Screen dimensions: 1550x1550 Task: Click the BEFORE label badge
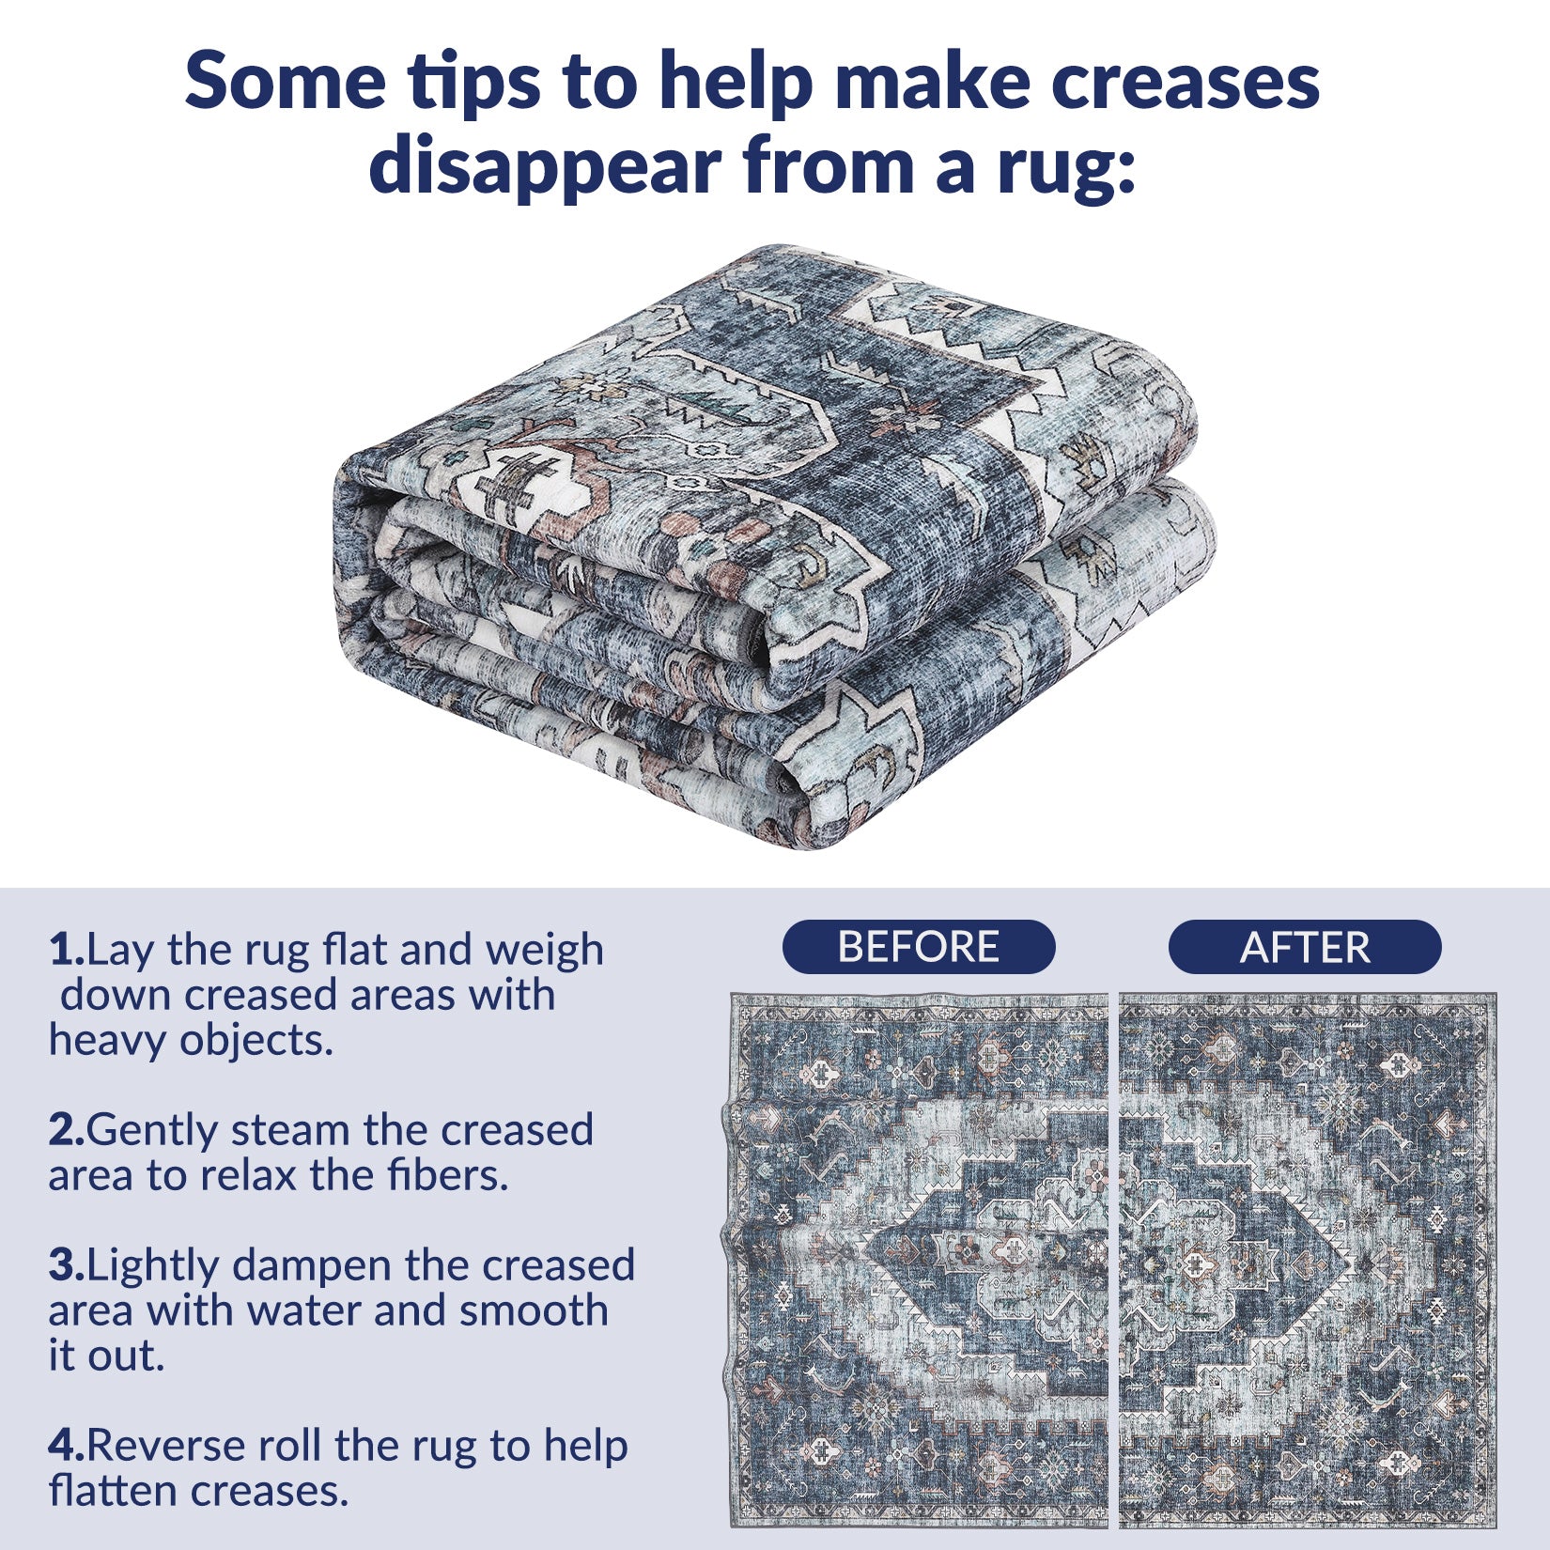pyautogui.click(x=919, y=947)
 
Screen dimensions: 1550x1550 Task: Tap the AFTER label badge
pyautogui.click(x=1305, y=947)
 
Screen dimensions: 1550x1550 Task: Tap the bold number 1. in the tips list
pyautogui.click(x=67, y=951)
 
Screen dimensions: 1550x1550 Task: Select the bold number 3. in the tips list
pyautogui.click(x=67, y=1266)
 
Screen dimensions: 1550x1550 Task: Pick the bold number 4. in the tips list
pyautogui.click(x=67, y=1447)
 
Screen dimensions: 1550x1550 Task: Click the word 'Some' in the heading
pyautogui.click(x=285, y=83)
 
